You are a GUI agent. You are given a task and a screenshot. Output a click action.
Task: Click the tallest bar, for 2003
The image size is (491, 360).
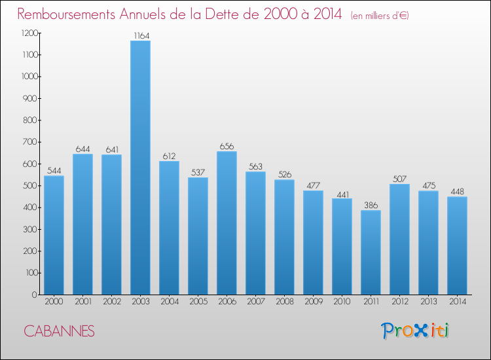(140, 168)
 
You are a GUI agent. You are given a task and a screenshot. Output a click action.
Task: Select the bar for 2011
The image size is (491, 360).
(371, 252)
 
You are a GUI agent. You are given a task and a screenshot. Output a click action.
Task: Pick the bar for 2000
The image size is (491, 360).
(54, 235)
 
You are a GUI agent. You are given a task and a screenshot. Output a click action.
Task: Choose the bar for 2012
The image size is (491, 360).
(399, 239)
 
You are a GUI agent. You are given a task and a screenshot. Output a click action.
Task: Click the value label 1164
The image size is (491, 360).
(140, 35)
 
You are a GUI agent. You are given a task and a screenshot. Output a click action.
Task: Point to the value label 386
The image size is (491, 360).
(371, 205)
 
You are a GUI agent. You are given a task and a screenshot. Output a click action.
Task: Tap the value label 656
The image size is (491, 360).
(227, 146)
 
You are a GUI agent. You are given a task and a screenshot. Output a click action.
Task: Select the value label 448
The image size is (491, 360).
(457, 192)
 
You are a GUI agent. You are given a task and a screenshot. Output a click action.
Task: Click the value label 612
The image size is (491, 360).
(169, 156)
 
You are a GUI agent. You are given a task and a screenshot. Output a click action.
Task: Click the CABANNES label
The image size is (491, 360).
(60, 331)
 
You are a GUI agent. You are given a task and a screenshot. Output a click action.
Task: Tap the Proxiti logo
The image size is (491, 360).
(415, 331)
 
